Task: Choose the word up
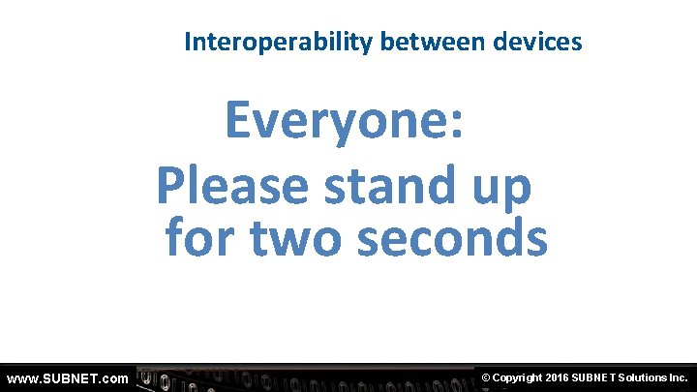click(x=500, y=189)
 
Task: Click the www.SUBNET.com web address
click(x=67, y=377)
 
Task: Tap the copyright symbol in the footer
click(x=486, y=377)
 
